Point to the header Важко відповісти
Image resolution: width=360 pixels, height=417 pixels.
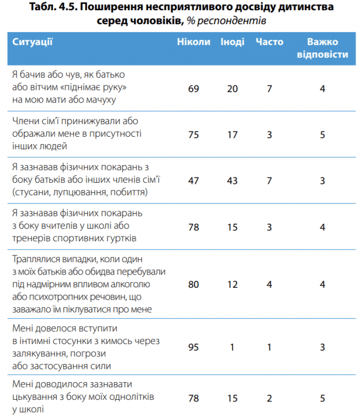point(322,48)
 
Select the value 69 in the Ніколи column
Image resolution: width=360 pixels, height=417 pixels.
point(193,88)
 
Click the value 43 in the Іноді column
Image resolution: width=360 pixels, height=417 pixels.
point(232,181)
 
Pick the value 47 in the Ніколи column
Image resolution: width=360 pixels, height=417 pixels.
point(193,181)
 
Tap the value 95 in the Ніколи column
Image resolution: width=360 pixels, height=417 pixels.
point(193,347)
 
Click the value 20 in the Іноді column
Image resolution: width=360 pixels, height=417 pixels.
point(232,88)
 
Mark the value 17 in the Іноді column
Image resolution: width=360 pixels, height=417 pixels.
point(232,135)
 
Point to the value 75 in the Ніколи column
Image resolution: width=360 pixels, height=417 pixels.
point(193,135)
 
